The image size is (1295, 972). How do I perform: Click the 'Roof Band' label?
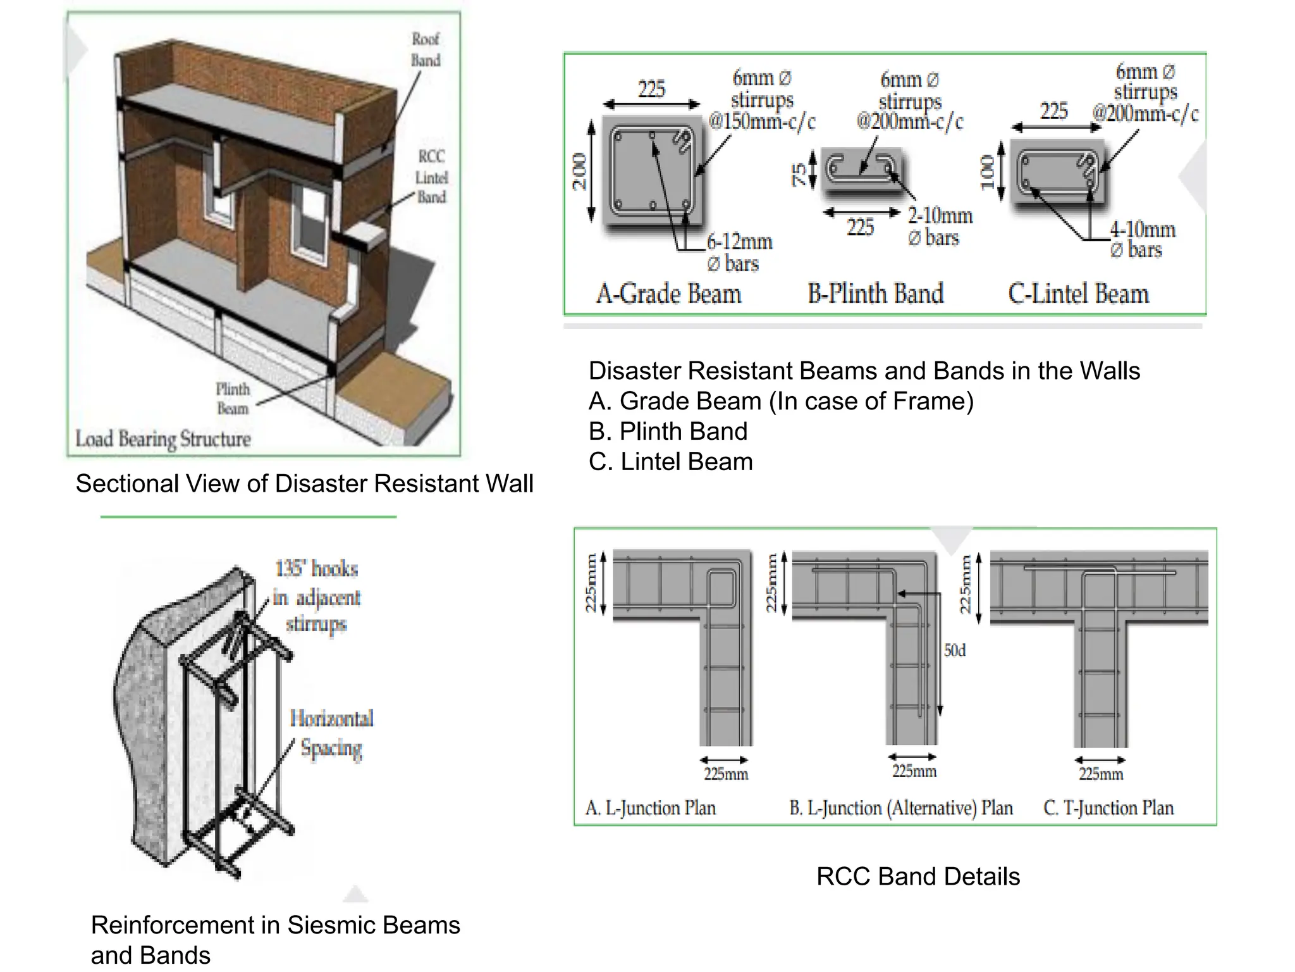tap(426, 50)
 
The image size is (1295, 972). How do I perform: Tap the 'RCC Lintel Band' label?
tap(431, 177)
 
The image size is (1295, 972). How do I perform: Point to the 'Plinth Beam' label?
tap(233, 399)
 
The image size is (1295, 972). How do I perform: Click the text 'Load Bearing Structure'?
tap(163, 439)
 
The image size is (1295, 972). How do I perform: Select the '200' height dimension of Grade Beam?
tap(579, 171)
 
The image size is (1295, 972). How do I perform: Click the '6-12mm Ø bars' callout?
tap(739, 252)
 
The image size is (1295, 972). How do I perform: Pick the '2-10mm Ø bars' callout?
tap(940, 227)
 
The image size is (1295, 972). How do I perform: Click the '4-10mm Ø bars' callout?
tap(1142, 239)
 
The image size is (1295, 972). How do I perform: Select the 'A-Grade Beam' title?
tap(668, 294)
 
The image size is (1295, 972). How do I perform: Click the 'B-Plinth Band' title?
tap(875, 294)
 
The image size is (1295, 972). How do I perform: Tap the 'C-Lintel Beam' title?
tap(1078, 294)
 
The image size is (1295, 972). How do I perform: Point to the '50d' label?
tap(955, 651)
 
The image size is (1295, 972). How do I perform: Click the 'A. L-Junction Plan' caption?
tap(651, 808)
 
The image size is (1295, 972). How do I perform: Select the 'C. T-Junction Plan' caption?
tap(1108, 808)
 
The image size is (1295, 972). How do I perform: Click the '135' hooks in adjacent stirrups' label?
tap(316, 596)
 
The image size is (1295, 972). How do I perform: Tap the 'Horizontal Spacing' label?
tap(331, 733)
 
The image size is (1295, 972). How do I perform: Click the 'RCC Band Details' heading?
tap(918, 876)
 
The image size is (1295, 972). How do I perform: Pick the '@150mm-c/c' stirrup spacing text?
tap(762, 121)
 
